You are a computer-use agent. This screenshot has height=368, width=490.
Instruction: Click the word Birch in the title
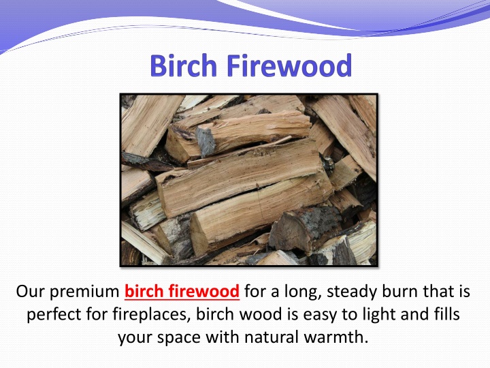click(184, 65)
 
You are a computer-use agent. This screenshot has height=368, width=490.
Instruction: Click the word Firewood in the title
click(289, 65)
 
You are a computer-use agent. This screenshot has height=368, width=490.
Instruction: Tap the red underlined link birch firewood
click(182, 292)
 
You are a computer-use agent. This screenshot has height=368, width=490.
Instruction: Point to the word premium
click(84, 292)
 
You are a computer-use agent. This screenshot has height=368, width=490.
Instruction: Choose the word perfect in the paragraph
click(54, 314)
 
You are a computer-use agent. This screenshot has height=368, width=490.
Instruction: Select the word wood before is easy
click(261, 314)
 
